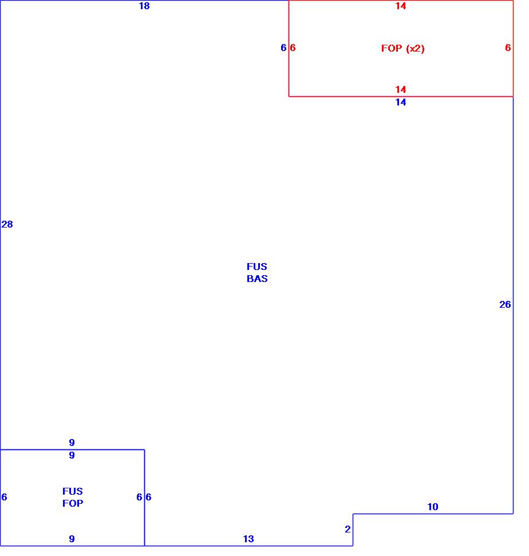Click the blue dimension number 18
click(x=144, y=6)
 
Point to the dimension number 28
click(x=7, y=225)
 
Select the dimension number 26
click(x=505, y=305)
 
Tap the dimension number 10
click(x=433, y=507)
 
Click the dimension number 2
click(x=348, y=530)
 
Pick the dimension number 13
click(x=248, y=539)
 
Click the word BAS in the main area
click(x=257, y=279)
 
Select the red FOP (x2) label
click(x=403, y=49)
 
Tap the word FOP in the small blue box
click(x=73, y=504)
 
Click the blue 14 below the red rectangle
click(x=401, y=103)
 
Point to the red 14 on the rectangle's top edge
click(x=401, y=6)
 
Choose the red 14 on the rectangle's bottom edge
click(x=401, y=89)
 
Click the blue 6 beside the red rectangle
click(x=283, y=48)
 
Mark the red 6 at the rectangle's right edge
click(x=508, y=48)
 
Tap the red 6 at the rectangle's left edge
click(x=293, y=48)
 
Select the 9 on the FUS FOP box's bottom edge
click(x=72, y=539)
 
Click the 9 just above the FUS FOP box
click(x=72, y=443)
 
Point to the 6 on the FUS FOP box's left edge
click(x=5, y=498)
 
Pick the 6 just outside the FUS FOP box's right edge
click(x=148, y=498)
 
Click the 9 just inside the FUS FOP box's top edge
click(x=72, y=456)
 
